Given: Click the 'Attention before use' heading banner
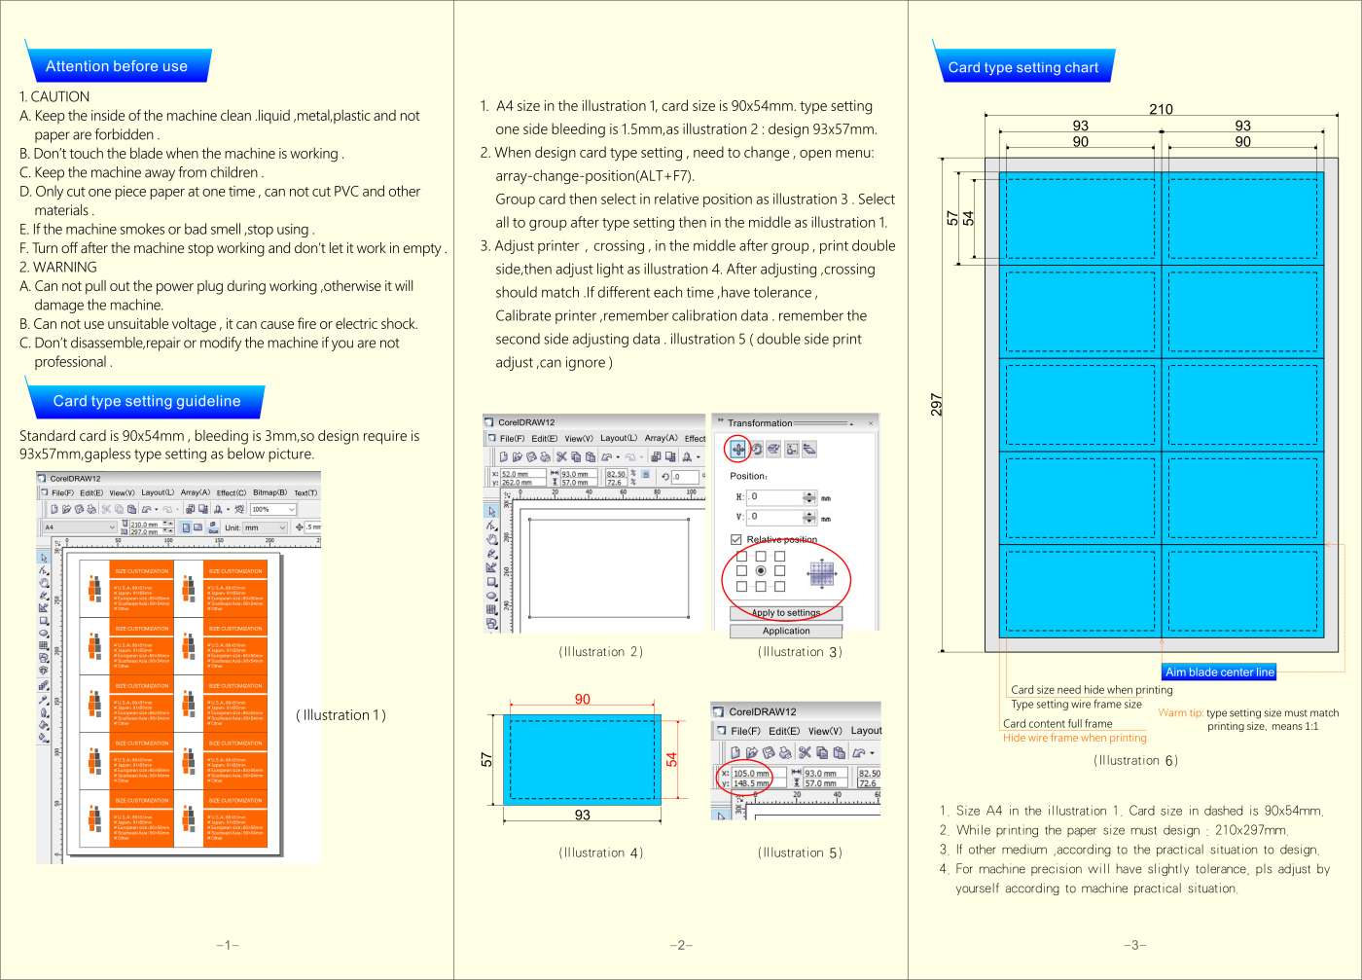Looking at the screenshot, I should point(117,66).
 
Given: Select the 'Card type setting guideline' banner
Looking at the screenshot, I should point(146,401).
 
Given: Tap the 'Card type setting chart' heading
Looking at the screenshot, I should point(1022,67).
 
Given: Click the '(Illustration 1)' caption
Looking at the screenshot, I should point(340,715).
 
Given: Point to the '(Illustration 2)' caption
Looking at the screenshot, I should point(601,652).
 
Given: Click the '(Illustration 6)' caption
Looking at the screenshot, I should point(1135,760).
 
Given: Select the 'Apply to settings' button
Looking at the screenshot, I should point(786,613).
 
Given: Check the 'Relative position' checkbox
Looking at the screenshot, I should point(736,539).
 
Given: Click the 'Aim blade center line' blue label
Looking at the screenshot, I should point(1219,671).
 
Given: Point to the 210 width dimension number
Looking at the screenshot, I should point(1161,109).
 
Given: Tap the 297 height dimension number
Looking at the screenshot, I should point(937,404).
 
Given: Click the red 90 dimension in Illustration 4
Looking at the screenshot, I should point(582,699).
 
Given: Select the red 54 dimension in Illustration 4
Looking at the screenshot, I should point(671,759).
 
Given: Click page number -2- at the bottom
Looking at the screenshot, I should point(681,945).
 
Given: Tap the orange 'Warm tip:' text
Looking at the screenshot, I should point(1180,712).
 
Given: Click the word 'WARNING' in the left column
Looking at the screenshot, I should point(65,267).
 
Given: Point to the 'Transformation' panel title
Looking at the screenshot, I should point(760,423).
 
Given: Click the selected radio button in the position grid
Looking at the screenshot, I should point(761,570).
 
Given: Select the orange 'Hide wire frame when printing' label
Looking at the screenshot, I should point(1074,738).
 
